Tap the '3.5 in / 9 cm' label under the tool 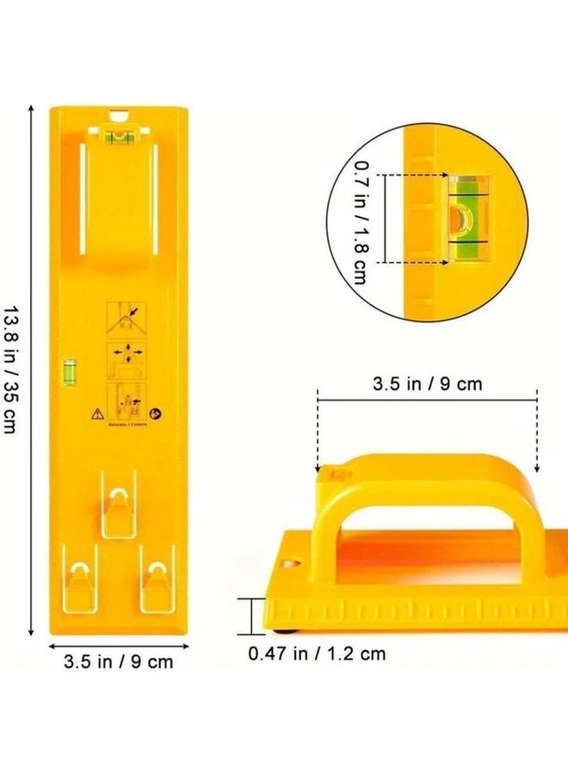pos(118,661)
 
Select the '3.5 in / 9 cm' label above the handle pos(427,384)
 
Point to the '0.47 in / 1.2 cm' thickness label pos(317,654)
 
